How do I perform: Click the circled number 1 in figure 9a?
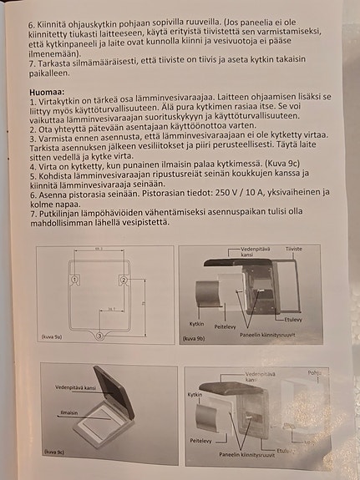75,278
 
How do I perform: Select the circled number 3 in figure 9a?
100,336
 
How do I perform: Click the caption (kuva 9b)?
195,339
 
